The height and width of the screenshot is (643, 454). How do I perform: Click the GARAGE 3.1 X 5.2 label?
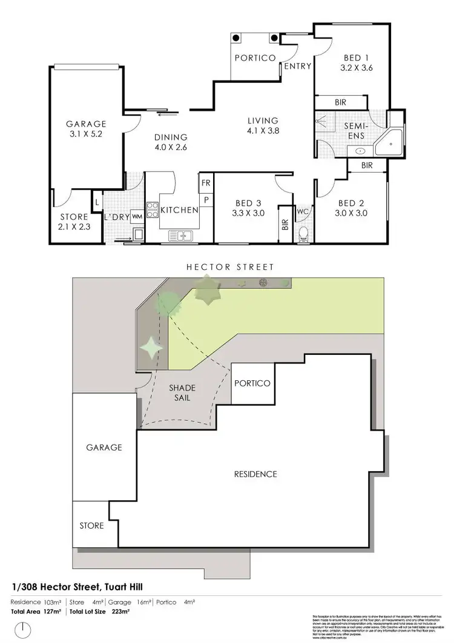[86, 130]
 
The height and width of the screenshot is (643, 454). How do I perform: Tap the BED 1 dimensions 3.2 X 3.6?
[357, 68]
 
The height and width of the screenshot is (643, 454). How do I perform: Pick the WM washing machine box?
[137, 216]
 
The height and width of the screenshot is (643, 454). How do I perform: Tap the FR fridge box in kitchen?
[206, 182]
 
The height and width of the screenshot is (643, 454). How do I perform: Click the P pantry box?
[206, 199]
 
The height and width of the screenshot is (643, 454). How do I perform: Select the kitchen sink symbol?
[180, 234]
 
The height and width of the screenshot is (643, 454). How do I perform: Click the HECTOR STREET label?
[229, 266]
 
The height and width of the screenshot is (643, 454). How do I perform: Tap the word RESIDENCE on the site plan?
[255, 474]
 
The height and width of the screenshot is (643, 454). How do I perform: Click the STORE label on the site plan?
[91, 526]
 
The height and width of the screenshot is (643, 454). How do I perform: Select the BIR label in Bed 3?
[284, 225]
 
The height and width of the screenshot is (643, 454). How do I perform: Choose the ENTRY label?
[297, 67]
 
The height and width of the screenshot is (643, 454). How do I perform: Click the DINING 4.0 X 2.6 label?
[170, 142]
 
